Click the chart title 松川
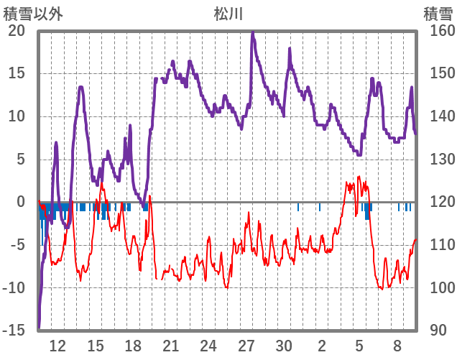(x=228, y=13)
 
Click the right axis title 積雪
(x=438, y=13)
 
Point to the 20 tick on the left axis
(x=17, y=31)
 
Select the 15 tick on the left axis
(x=17, y=74)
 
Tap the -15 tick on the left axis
(x=14, y=331)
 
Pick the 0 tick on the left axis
(x=21, y=203)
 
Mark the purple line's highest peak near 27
(x=252, y=32)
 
